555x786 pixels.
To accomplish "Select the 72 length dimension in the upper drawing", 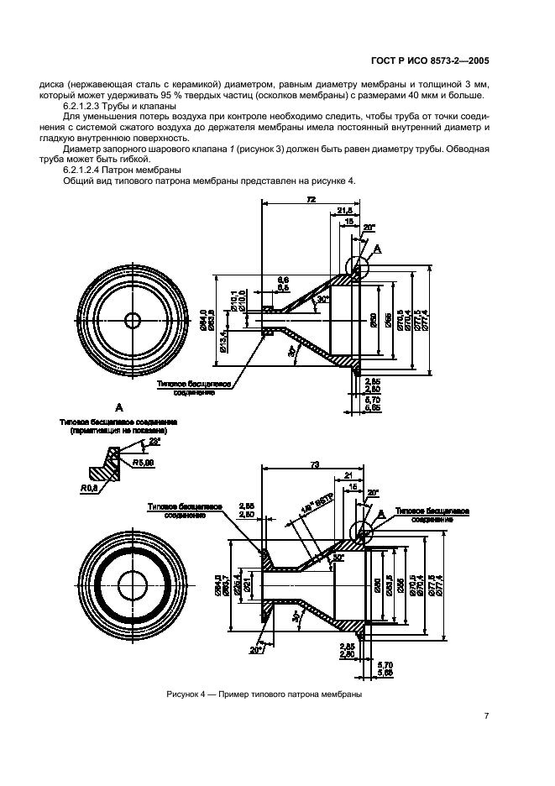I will pyautogui.click(x=311, y=200).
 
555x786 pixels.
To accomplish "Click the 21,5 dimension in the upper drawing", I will pyautogui.click(x=344, y=210).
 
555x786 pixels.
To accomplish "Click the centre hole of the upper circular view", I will pyautogui.click(x=133, y=320).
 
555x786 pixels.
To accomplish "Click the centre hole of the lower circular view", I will pyautogui.click(x=133, y=584).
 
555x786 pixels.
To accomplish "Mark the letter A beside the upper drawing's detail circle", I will pyautogui.click(x=377, y=249).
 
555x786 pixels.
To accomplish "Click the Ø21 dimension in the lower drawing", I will pyautogui.click(x=249, y=584).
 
